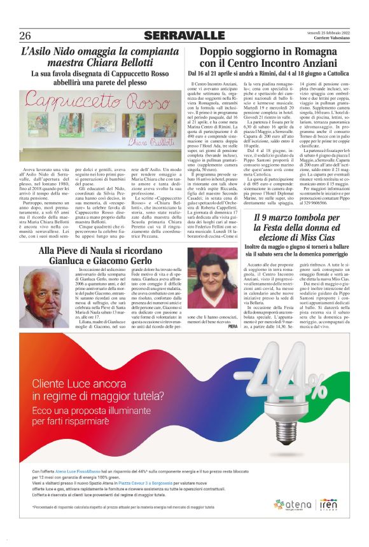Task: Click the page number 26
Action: click(25, 35)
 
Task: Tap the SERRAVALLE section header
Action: click(184, 35)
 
